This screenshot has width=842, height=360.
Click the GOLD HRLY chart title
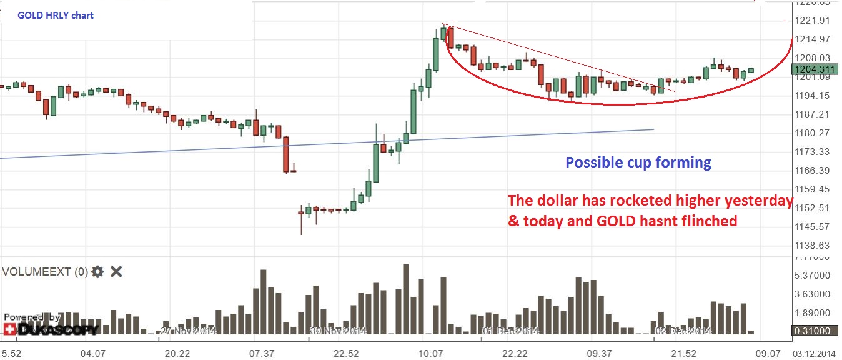point(56,15)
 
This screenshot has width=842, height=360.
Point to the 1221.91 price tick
point(812,21)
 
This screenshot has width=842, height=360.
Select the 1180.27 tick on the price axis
point(812,133)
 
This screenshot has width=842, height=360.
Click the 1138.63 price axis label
point(812,246)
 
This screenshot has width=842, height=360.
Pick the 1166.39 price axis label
point(812,171)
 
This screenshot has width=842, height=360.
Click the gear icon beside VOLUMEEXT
point(97,271)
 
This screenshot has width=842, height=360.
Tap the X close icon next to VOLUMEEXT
point(116,271)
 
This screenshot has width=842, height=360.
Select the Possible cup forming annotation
point(638,162)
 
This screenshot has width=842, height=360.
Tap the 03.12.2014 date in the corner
point(817,354)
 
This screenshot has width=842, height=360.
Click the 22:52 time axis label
point(346,354)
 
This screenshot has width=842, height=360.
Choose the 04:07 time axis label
point(93,354)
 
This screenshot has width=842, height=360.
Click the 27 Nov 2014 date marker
point(188,331)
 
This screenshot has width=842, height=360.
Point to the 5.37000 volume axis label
point(812,276)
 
